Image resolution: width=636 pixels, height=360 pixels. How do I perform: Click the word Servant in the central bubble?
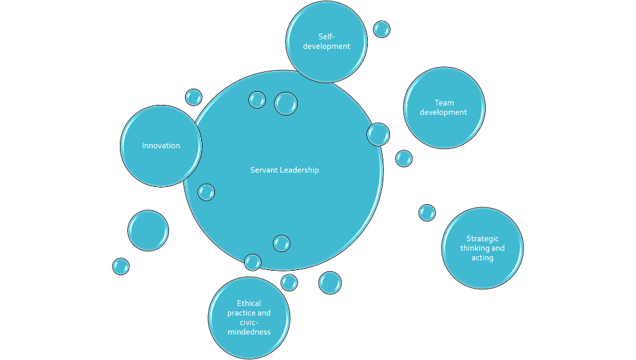(264, 170)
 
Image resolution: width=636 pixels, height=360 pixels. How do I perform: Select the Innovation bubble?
(161, 146)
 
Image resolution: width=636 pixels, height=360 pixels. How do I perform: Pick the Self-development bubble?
(326, 42)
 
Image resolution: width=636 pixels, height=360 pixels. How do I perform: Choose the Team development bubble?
(444, 107)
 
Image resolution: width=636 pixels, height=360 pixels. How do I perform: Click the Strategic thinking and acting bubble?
(482, 248)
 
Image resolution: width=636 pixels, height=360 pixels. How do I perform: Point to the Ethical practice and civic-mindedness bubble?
(248, 317)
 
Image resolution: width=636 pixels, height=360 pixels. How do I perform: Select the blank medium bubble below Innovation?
(148, 230)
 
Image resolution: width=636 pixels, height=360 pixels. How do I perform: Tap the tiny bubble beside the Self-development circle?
(381, 29)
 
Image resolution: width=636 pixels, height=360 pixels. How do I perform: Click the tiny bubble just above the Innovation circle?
(194, 97)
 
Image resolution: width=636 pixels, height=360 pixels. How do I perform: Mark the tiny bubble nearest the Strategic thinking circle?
(427, 213)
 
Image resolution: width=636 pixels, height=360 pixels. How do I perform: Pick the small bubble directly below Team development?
(404, 158)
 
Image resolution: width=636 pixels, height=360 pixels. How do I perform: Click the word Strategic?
(483, 239)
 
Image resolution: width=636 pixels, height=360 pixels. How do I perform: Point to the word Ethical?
(249, 304)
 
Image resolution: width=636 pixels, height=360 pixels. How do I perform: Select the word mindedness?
(249, 332)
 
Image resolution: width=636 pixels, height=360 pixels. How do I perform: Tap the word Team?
(444, 103)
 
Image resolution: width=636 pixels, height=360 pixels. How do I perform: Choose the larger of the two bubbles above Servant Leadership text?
(286, 103)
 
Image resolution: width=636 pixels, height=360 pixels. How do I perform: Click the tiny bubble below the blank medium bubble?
(120, 266)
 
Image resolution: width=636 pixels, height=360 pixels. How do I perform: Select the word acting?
(483, 258)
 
